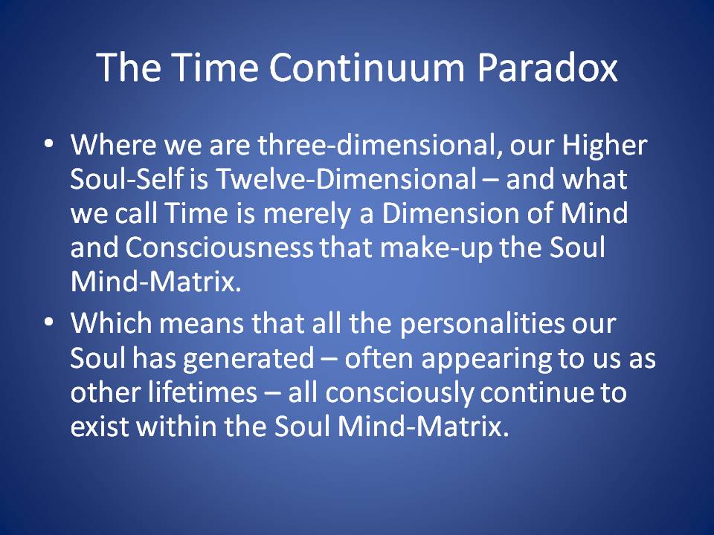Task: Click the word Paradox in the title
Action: coord(547,68)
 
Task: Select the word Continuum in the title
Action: coord(367,68)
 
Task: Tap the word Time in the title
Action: coord(216,68)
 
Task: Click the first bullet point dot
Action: coord(49,143)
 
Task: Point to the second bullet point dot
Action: coord(49,322)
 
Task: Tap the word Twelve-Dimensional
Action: coord(346,179)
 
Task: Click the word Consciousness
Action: coord(219,248)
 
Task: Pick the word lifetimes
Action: coord(202,392)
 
